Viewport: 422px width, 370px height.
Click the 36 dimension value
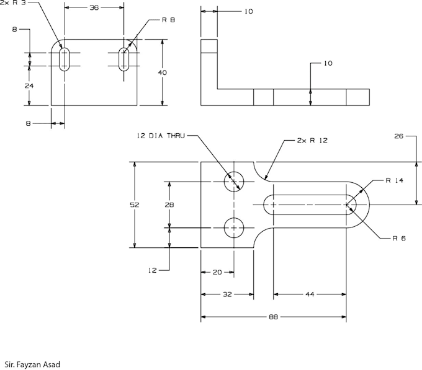point(94,8)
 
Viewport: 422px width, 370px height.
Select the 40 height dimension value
point(163,73)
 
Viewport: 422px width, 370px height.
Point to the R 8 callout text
point(168,20)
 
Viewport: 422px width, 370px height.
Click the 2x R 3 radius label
point(14,2)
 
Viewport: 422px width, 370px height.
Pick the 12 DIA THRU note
point(160,136)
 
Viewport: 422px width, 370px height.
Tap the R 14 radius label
point(394,181)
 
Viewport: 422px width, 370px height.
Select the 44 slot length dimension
point(309,294)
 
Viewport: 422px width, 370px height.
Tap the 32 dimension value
point(227,294)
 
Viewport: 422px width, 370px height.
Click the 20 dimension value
point(217,272)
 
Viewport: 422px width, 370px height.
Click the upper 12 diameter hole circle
point(234,181)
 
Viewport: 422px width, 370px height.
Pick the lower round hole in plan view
point(234,228)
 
